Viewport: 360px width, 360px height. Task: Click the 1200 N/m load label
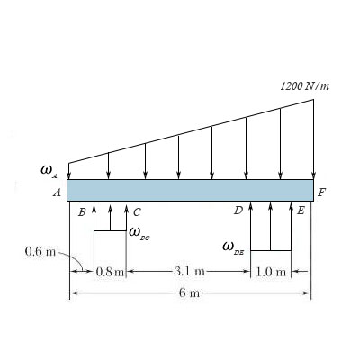pos(305,86)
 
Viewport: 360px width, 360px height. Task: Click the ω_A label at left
pos(49,172)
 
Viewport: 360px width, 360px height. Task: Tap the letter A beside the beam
pos(57,193)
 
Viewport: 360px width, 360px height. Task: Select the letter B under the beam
pos(82,212)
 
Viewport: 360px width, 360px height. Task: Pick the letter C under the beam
pos(137,212)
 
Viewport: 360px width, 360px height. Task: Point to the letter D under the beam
pos(238,211)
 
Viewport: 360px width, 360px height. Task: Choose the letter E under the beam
pos(301,211)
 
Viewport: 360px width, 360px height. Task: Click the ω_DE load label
pos(233,249)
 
